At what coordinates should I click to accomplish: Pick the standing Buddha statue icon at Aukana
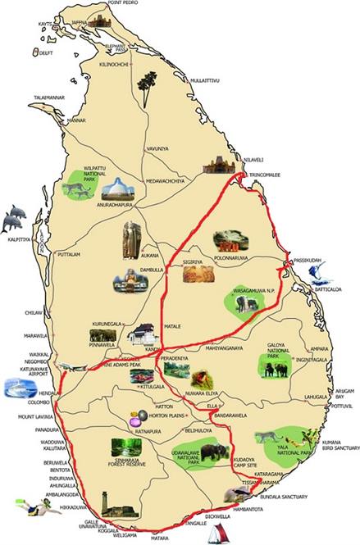[x=131, y=238]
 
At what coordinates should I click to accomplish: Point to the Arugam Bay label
[x=341, y=395]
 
